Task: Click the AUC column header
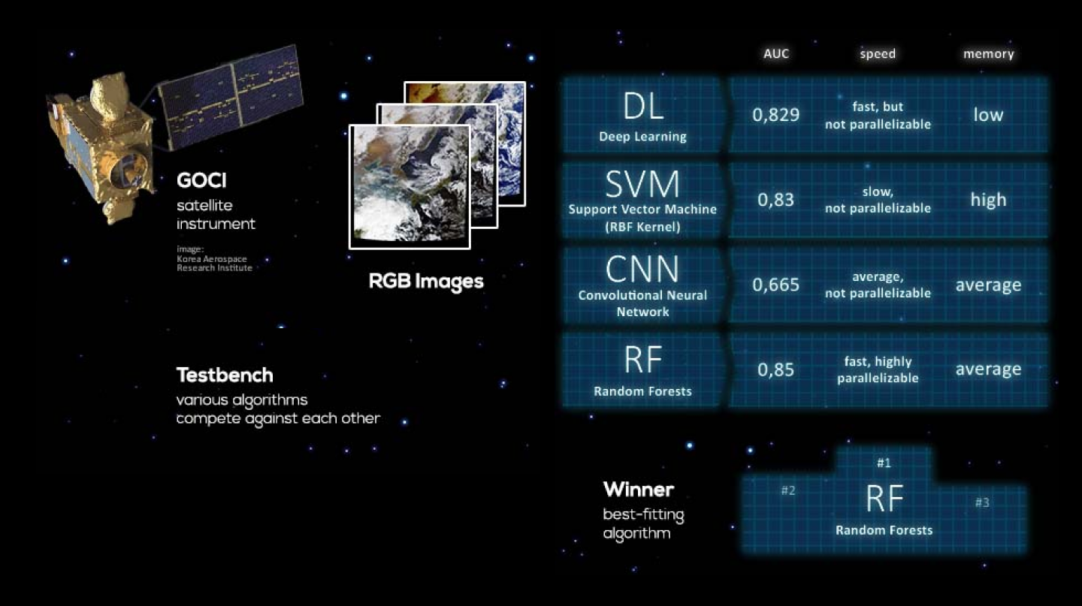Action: pos(776,54)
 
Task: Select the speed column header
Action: pos(878,54)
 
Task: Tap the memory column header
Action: pos(988,54)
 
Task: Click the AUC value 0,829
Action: pos(776,115)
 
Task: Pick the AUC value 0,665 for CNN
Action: pos(776,285)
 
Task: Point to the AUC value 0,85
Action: pos(776,369)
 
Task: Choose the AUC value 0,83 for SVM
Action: pos(776,200)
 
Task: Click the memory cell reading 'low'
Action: pos(988,115)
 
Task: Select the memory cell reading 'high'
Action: pos(988,200)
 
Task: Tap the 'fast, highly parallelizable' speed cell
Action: pos(878,369)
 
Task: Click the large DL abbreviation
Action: pos(643,107)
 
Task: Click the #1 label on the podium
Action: pos(884,463)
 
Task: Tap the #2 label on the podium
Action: pos(787,491)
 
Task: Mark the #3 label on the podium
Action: pos(982,502)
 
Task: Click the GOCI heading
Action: pos(201,181)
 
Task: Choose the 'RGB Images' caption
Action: pos(426,282)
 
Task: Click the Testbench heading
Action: pos(225,375)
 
